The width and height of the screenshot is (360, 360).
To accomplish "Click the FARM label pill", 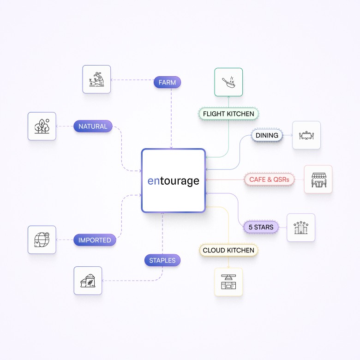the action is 167,83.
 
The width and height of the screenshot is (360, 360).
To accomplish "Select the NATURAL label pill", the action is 93,126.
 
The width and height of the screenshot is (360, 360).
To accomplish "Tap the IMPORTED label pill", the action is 95,240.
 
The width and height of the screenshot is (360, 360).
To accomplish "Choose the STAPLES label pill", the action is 162,260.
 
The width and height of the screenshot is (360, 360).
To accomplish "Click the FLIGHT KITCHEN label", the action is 228,114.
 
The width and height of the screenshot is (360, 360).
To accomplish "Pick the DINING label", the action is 267,135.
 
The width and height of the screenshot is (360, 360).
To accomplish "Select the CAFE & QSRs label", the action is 269,180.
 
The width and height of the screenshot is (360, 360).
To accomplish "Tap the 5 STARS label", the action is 261,227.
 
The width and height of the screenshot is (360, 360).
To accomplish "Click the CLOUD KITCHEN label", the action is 228,250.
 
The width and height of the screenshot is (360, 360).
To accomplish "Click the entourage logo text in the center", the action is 173,181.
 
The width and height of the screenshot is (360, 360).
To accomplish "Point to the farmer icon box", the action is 96,79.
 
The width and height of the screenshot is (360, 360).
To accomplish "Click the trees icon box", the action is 42,126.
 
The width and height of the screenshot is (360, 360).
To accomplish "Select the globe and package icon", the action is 42,240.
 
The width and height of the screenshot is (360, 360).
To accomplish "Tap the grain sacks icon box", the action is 88,281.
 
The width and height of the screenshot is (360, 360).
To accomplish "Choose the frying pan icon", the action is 228,82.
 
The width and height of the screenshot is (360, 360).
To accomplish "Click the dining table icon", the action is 306,135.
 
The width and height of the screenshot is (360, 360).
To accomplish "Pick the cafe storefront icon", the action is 318,179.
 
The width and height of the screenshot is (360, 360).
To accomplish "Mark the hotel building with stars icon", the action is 301,227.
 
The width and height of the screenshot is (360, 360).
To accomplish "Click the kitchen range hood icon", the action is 228,282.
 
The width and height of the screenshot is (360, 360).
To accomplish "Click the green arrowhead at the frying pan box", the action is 228,97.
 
